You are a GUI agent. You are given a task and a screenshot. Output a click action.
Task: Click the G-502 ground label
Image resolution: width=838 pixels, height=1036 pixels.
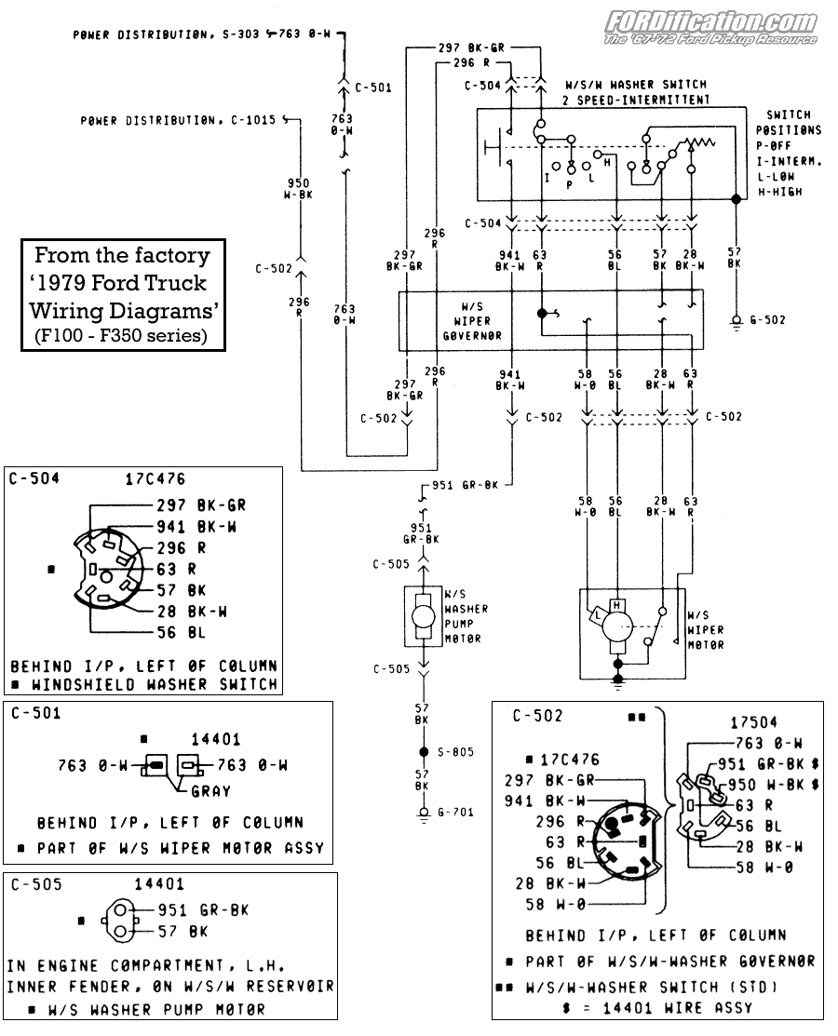coord(768,319)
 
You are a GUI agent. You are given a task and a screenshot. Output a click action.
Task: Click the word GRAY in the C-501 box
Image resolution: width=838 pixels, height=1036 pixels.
coord(209,791)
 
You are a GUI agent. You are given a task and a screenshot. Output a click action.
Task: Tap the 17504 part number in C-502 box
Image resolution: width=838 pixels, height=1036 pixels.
coord(753,721)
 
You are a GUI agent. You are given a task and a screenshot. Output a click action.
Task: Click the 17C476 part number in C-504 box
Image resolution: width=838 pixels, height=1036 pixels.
coord(155,479)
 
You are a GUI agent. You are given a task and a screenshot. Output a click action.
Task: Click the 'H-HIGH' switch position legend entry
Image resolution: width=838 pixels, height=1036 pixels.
coord(779,192)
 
